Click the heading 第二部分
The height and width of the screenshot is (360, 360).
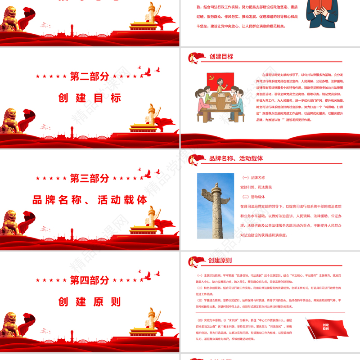coord(90,76)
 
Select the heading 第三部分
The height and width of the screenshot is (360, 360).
coord(90,178)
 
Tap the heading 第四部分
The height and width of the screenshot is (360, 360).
coord(90,280)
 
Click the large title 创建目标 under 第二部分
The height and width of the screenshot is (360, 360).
coord(90,98)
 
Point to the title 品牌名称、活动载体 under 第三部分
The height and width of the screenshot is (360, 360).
coord(90,200)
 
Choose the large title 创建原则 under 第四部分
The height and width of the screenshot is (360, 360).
coord(90,301)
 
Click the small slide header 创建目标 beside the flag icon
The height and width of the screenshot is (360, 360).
coord(221,57)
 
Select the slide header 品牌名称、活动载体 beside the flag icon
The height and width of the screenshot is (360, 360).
coord(236,158)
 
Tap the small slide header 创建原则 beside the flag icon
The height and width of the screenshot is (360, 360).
coord(220,260)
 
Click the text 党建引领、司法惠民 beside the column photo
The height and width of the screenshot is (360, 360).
coord(256,187)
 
